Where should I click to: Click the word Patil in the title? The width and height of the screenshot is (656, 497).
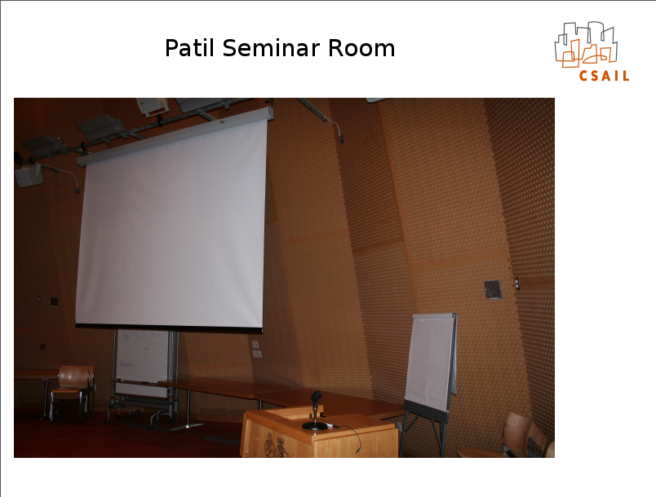click(x=190, y=47)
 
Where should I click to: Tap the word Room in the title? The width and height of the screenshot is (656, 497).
click(x=361, y=47)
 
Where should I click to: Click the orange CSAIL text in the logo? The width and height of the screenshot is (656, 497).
click(x=604, y=76)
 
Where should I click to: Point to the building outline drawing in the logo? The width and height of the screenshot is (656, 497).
click(x=586, y=44)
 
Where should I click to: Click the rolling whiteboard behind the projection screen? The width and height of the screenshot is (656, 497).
click(x=142, y=363)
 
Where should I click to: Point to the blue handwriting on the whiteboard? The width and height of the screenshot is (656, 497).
click(x=126, y=365)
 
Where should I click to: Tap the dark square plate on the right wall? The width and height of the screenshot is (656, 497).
click(x=493, y=289)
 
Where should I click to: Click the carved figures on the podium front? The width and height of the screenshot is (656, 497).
click(x=276, y=445)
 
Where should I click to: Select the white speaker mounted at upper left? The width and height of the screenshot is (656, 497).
click(x=29, y=174)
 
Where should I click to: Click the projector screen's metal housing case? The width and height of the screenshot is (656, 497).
click(x=175, y=136)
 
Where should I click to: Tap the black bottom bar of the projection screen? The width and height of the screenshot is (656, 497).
click(x=169, y=327)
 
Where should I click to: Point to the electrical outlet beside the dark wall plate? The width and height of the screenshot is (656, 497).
click(x=516, y=284)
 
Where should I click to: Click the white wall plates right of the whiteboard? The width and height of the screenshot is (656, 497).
click(x=256, y=349)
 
